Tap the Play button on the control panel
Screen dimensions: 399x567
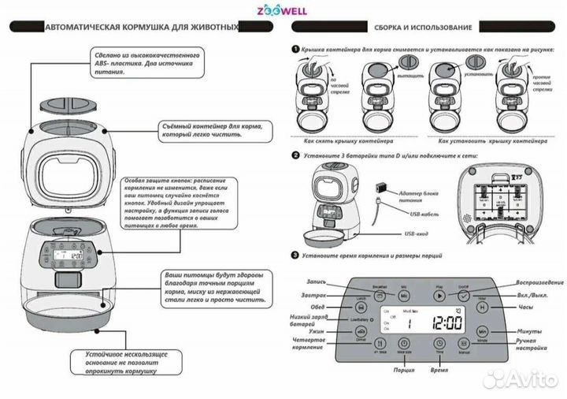click(x=439, y=294)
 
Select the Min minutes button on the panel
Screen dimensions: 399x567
click(x=483, y=333)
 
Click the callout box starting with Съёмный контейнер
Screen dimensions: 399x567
click(x=218, y=129)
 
